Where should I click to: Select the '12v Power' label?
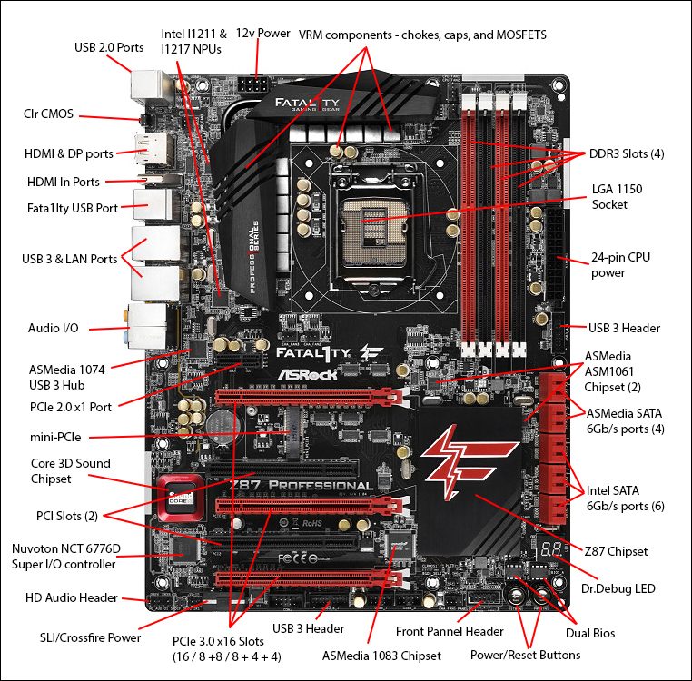tap(262, 33)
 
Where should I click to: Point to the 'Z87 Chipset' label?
tap(617, 550)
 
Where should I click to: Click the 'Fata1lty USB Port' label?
tap(73, 208)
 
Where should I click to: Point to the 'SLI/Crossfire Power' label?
tap(90, 637)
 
